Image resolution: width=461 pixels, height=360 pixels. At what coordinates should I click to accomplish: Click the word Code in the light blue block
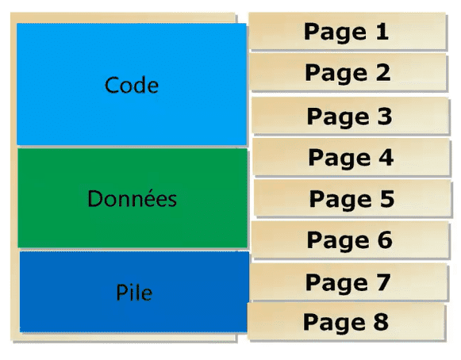132,85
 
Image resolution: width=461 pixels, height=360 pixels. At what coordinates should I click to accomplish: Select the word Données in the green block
132,199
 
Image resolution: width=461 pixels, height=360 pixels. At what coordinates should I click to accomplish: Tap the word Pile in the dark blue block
134,293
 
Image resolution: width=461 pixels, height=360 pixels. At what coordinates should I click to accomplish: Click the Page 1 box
348,31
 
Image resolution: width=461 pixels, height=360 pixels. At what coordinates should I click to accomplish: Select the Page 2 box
348,72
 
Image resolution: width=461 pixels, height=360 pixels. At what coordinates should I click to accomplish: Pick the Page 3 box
350,116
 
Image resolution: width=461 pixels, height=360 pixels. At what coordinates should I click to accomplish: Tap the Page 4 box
352,157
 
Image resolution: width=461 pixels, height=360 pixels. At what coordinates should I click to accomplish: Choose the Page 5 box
352,198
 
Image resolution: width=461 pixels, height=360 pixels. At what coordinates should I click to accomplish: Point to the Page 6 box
350,239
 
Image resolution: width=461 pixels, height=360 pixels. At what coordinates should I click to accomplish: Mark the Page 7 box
348,281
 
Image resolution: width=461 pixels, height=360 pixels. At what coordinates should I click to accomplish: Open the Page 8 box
346,322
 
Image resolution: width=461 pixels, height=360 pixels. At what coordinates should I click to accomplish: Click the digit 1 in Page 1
382,31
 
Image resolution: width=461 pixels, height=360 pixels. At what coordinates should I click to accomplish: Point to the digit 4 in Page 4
386,157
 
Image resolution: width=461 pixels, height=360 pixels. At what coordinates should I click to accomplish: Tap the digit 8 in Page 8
381,321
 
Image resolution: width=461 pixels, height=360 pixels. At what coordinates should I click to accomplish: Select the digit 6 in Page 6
385,239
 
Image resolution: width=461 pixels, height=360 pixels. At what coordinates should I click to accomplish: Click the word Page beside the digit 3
338,117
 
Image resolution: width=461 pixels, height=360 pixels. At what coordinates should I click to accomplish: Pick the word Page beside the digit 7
337,284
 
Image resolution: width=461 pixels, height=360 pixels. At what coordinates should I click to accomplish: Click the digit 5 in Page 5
387,198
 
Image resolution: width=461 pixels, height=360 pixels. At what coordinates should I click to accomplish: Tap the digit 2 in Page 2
383,72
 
